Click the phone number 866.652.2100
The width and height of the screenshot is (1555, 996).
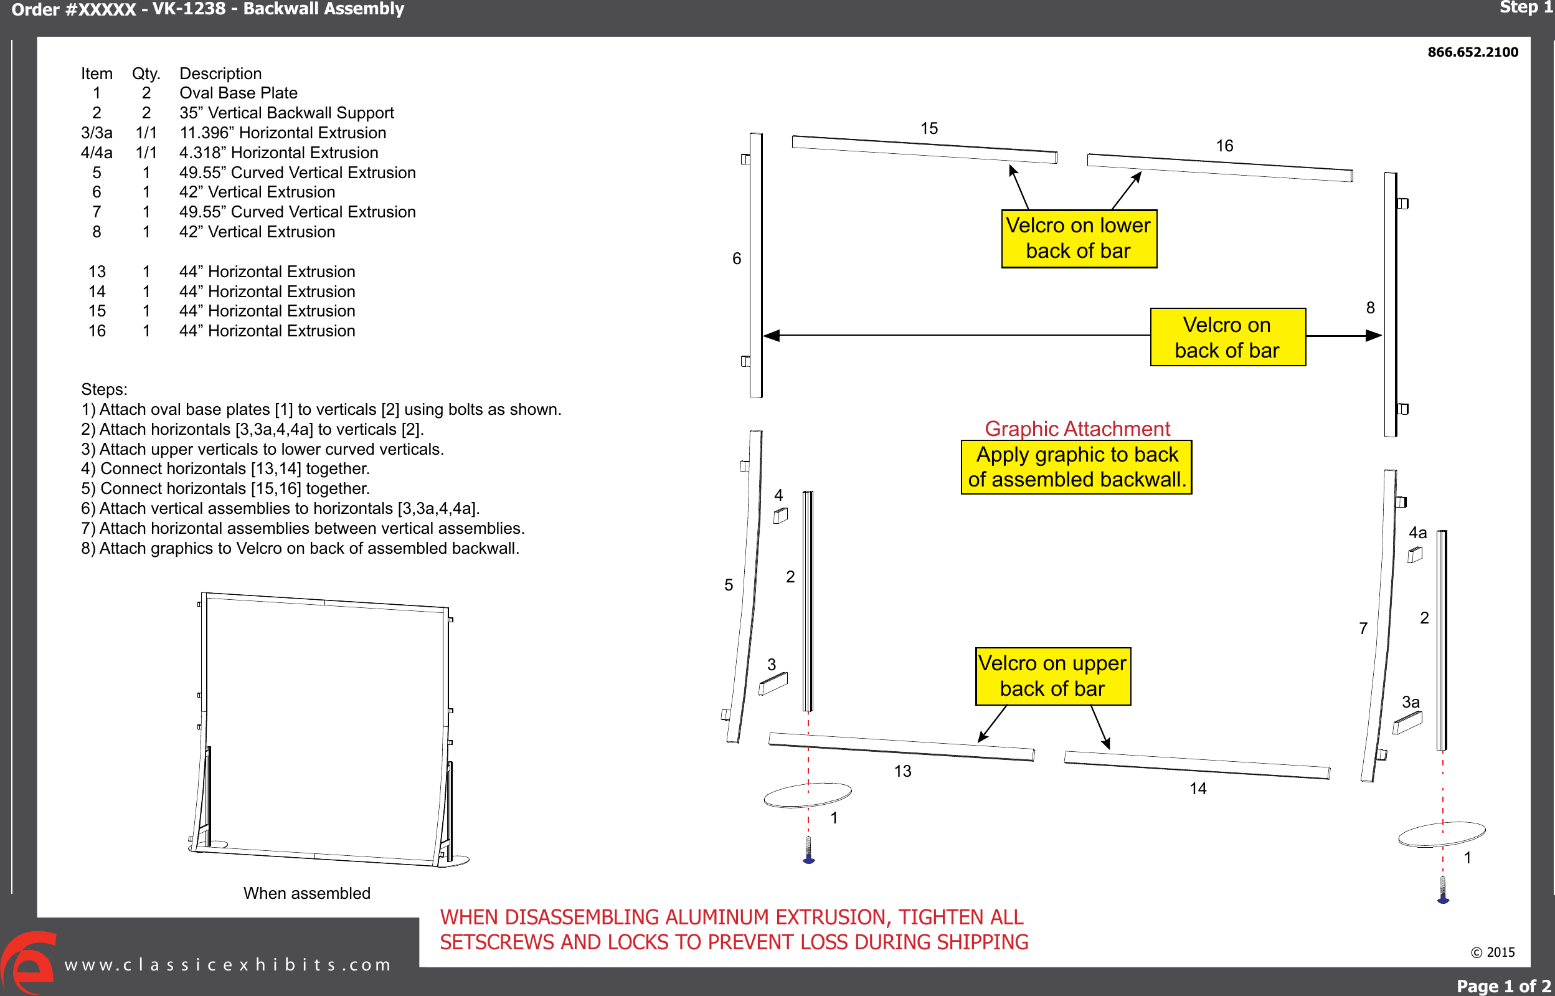pyautogui.click(x=1472, y=52)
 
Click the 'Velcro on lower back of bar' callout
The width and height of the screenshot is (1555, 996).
pyautogui.click(x=1079, y=238)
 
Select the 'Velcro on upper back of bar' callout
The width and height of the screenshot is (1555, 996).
pyautogui.click(x=1052, y=676)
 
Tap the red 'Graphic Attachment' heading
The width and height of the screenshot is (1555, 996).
pyautogui.click(x=1077, y=428)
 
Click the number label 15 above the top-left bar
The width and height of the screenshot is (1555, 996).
pyautogui.click(x=929, y=128)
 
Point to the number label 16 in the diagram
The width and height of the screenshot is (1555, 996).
pyautogui.click(x=1224, y=146)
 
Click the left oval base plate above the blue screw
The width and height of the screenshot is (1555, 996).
pyautogui.click(x=807, y=795)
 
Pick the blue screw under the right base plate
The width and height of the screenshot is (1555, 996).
pyautogui.click(x=1442, y=891)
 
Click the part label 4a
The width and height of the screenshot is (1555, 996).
pyautogui.click(x=1417, y=533)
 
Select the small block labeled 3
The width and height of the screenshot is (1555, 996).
pyautogui.click(x=773, y=683)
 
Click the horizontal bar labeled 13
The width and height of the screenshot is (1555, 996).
pyautogui.click(x=901, y=747)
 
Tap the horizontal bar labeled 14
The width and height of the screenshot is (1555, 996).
pyautogui.click(x=1196, y=765)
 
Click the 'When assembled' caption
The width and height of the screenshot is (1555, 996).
pyautogui.click(x=306, y=893)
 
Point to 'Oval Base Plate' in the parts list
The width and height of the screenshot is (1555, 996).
pyautogui.click(x=238, y=93)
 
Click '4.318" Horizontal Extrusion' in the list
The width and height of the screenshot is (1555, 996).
pyautogui.click(x=278, y=153)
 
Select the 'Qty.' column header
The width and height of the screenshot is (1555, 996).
pyautogui.click(x=146, y=74)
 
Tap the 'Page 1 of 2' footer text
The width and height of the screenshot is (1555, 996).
pyautogui.click(x=1503, y=985)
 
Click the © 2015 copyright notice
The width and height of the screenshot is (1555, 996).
pyautogui.click(x=1492, y=952)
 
